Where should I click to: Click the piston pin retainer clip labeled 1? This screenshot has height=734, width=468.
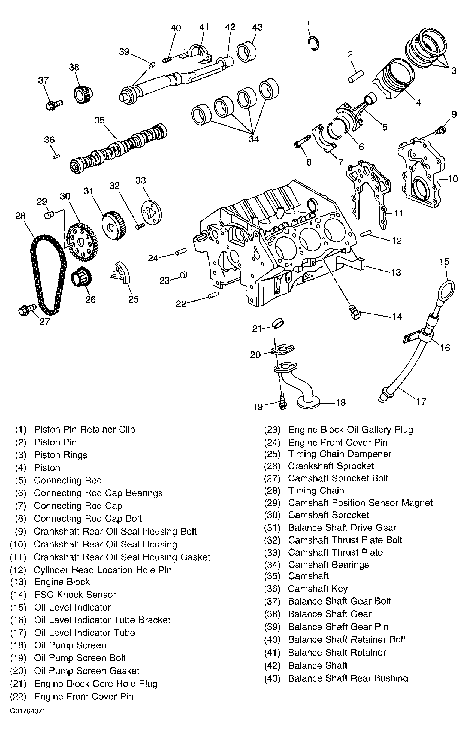314,44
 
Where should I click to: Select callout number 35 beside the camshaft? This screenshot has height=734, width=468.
99,120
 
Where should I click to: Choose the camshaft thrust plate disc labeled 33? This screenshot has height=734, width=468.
152,213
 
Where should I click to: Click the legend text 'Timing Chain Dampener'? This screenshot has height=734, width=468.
340,454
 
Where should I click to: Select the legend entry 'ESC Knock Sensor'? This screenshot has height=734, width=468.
75,595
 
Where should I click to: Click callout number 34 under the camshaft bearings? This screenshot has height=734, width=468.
254,139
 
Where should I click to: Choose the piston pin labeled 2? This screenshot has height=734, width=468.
356,76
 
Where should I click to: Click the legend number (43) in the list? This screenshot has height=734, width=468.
272,678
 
